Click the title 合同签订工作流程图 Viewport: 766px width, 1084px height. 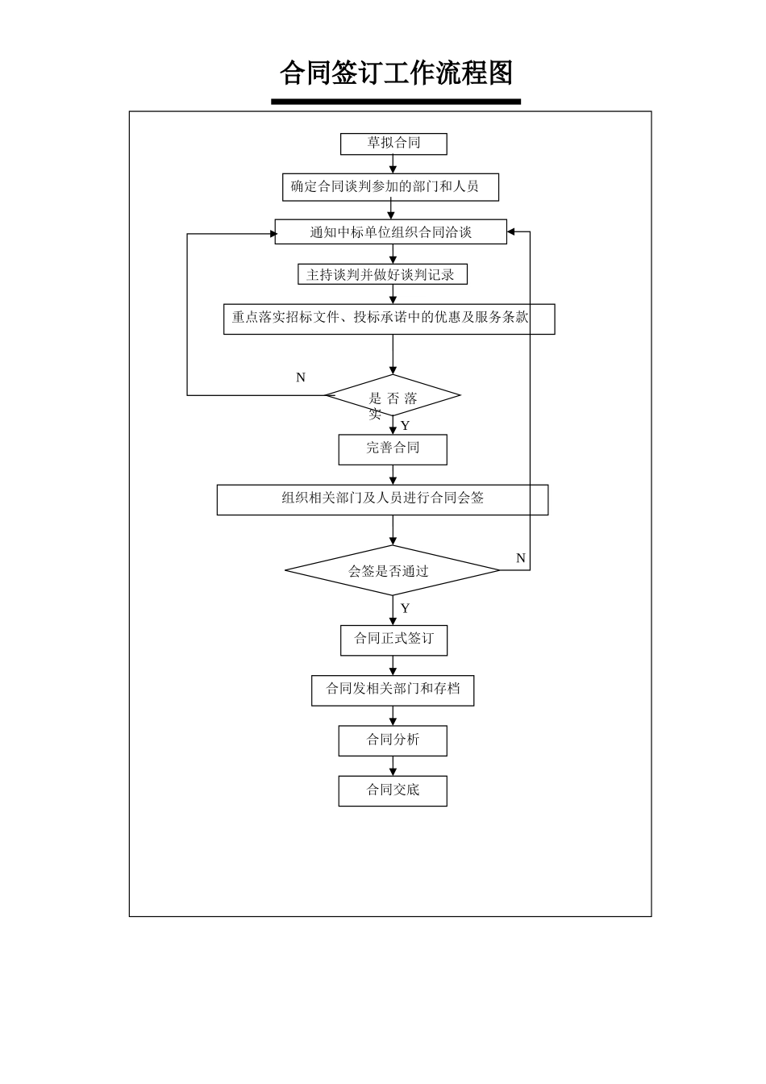pyautogui.click(x=396, y=73)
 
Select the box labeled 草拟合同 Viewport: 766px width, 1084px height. pyautogui.click(x=393, y=144)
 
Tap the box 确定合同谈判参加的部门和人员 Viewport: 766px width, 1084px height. pyautogui.click(x=390, y=187)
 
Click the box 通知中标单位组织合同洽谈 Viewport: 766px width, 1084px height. pyautogui.click(x=390, y=231)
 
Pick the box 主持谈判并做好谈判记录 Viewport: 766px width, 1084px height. pyautogui.click(x=382, y=274)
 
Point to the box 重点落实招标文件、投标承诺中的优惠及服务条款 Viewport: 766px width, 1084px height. pyautogui.click(x=389, y=319)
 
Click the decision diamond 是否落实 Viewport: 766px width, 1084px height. pyautogui.click(x=393, y=395)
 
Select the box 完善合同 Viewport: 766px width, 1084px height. pyautogui.click(x=393, y=449)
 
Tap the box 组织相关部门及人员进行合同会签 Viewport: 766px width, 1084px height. pyautogui.click(x=382, y=500)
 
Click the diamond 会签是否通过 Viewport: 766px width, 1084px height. pyautogui.click(x=392, y=570)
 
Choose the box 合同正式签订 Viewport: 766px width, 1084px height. pyautogui.click(x=393, y=640)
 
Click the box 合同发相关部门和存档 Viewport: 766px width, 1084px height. pyautogui.click(x=393, y=690)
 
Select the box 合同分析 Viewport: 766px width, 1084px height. pyautogui.click(x=393, y=741)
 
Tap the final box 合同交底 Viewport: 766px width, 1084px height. pyautogui.click(x=393, y=791)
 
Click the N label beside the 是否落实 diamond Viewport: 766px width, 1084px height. pyautogui.click(x=301, y=377)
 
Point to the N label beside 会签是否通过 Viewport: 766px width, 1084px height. pyautogui.click(x=521, y=558)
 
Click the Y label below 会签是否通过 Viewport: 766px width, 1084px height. pyautogui.click(x=405, y=608)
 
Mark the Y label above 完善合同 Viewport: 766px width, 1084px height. pyautogui.click(x=405, y=425)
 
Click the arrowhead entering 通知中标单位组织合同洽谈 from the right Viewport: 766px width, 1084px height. pyautogui.click(x=510, y=231)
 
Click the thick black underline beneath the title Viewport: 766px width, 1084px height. pyautogui.click(x=396, y=102)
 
